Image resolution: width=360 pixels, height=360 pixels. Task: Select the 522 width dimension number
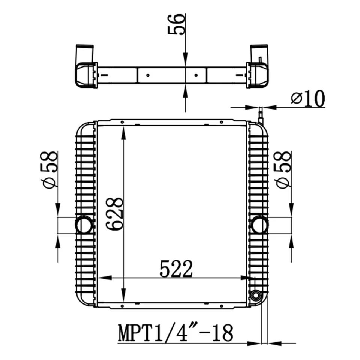(176, 268)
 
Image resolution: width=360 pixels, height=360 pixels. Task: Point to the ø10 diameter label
(308, 99)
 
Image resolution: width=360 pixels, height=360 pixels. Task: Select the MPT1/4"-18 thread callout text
(175, 333)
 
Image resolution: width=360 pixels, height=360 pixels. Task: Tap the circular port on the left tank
(84, 225)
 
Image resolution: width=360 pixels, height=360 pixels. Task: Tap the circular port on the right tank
(259, 225)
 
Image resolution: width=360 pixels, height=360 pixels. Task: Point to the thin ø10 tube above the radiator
(260, 114)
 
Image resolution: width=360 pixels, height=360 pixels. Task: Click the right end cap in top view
(258, 75)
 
